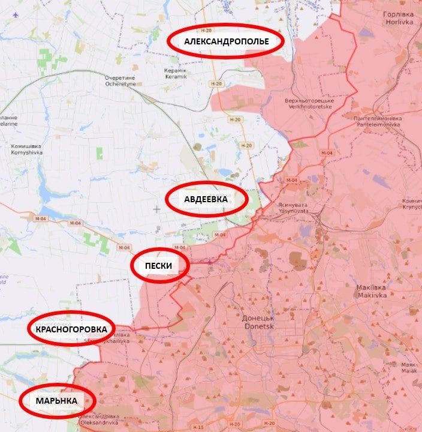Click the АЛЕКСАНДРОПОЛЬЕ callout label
225,41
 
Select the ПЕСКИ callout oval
160,265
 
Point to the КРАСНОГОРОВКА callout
71,329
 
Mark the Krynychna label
412,203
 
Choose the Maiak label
409,367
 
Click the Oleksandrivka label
99,418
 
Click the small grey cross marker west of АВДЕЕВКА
157,209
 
